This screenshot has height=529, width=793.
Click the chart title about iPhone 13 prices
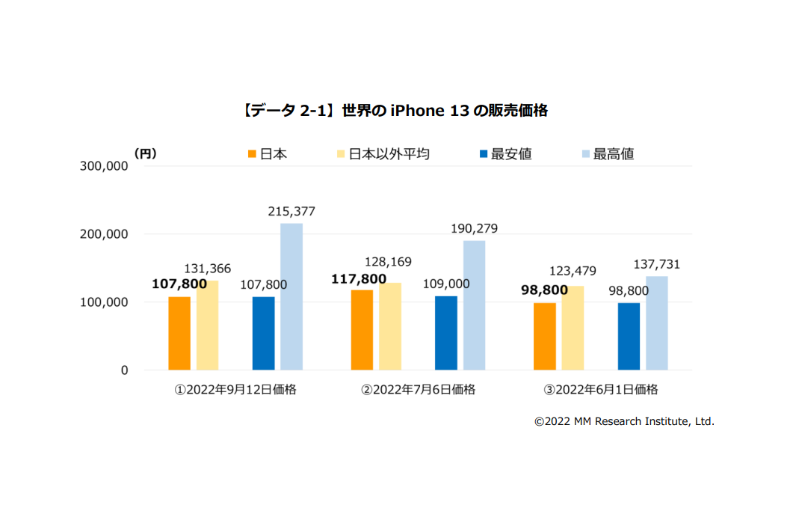tap(395, 111)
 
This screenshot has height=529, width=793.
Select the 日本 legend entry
tap(267, 154)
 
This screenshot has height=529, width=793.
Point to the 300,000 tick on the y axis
tap(103, 166)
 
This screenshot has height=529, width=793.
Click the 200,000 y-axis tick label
tap(103, 234)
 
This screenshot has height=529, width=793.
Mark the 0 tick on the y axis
tap(123, 370)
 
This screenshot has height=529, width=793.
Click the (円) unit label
tap(145, 153)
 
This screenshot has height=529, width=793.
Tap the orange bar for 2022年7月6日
tap(362, 329)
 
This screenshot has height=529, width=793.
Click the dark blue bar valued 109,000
tap(446, 333)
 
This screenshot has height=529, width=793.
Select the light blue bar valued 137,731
tap(657, 323)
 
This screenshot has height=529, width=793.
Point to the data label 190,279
tap(475, 228)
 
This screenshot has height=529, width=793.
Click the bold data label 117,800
tap(359, 279)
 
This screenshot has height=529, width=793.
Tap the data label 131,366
tap(208, 269)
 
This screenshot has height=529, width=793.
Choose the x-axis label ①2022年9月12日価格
tap(235, 390)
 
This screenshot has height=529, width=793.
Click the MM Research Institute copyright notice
tap(624, 422)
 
